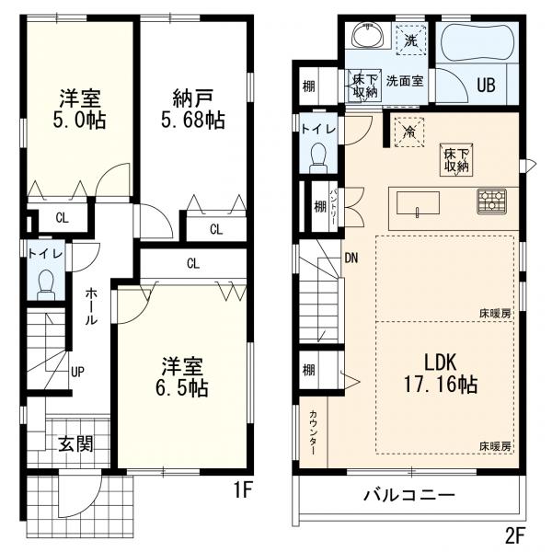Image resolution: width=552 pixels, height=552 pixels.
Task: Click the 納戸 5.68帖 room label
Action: click(x=193, y=109)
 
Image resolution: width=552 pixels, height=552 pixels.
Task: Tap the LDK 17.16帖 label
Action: click(x=441, y=374)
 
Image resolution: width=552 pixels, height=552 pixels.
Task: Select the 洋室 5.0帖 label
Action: click(x=79, y=109)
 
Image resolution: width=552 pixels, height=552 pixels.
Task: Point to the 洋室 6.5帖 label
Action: click(x=182, y=377)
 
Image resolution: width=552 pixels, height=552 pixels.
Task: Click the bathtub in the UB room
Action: click(x=477, y=42)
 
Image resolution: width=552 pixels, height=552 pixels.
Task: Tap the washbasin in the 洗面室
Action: click(x=368, y=35)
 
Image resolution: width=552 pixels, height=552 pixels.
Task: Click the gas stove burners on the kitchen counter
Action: click(x=492, y=201)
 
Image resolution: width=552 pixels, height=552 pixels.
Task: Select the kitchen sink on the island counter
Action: click(x=418, y=203)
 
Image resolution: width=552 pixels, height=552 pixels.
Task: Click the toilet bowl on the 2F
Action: click(x=318, y=158)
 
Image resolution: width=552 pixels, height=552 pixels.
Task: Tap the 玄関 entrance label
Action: click(x=75, y=443)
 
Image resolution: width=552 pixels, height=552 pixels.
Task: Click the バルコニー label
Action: click(x=409, y=496)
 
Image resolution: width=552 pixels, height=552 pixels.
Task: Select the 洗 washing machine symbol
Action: click(x=410, y=40)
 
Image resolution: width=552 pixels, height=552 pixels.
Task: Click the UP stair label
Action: click(x=77, y=372)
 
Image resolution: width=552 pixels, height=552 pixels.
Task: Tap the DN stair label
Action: click(x=351, y=259)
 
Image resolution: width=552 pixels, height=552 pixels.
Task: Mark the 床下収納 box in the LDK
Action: click(x=456, y=160)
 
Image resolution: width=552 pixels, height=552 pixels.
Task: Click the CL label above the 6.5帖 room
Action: click(x=193, y=263)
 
